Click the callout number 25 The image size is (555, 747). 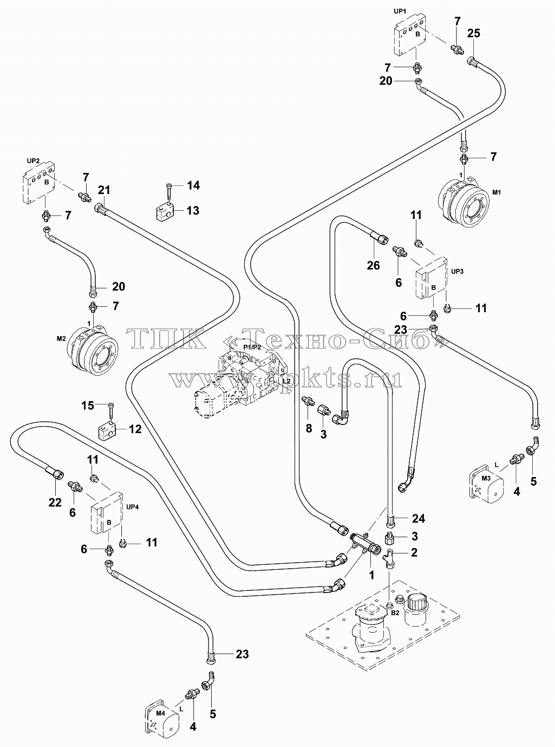[x=474, y=34]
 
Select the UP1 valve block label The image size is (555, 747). [x=400, y=11]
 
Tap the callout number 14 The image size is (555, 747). [x=193, y=185]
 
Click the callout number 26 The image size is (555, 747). [x=374, y=266]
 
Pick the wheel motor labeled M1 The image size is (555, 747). [x=464, y=205]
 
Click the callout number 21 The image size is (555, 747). [x=104, y=190]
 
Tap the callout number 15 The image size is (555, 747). [x=88, y=405]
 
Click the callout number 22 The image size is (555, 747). [x=55, y=503]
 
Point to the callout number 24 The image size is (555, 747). [x=419, y=518]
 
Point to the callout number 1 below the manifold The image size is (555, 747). [x=371, y=576]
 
